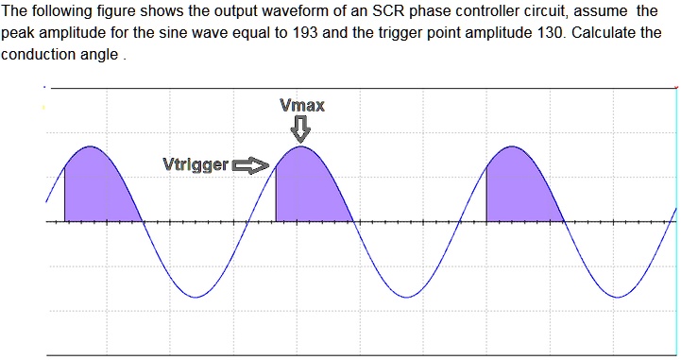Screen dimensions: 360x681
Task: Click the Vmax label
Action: (x=302, y=105)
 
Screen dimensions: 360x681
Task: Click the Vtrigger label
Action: (x=196, y=165)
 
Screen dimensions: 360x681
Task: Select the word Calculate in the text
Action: (x=587, y=32)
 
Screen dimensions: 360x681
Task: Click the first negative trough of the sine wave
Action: (x=195, y=296)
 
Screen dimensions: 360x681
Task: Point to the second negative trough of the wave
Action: (x=406, y=296)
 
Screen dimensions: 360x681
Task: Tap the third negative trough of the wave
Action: (x=617, y=296)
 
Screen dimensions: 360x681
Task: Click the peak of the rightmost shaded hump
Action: (x=511, y=148)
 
